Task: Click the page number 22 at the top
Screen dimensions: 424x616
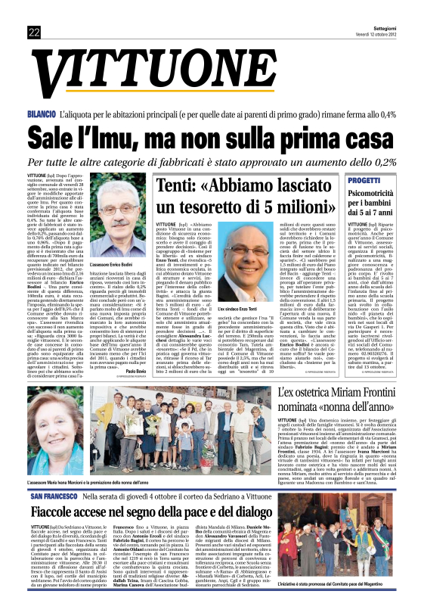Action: click(x=34, y=33)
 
